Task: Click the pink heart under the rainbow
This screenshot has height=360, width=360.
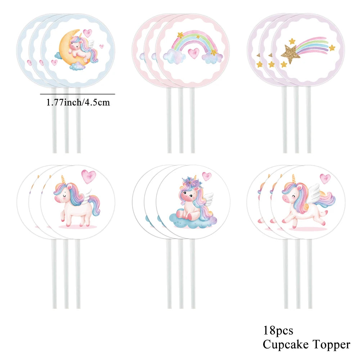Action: point(193,53)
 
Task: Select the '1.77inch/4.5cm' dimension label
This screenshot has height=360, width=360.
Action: point(78,102)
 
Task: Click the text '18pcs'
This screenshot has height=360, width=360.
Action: point(278,330)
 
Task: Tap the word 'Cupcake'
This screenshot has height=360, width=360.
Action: point(287,345)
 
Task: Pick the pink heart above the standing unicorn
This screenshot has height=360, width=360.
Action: point(89,176)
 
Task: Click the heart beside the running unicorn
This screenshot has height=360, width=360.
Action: point(325,179)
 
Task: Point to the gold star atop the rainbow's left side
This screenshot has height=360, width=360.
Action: point(180,35)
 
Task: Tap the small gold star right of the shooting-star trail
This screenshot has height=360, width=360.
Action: point(332,48)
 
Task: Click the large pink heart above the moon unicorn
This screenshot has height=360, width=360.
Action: point(87,33)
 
